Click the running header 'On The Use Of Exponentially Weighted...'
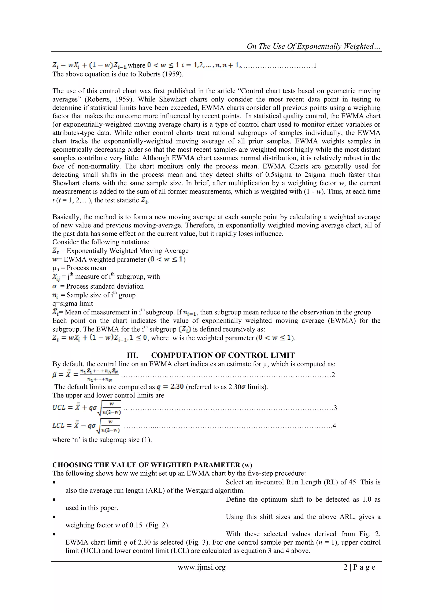[x=314, y=46]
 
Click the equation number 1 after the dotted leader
[x=315, y=65]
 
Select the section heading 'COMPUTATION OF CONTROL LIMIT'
[x=223, y=355]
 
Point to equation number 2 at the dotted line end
[x=333, y=375]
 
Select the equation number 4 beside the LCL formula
[x=334, y=426]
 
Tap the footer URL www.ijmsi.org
[x=201, y=567]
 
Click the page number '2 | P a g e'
[x=359, y=567]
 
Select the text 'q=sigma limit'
[x=73, y=303]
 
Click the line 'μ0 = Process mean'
[x=79, y=268]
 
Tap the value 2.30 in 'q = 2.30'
[x=177, y=387]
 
